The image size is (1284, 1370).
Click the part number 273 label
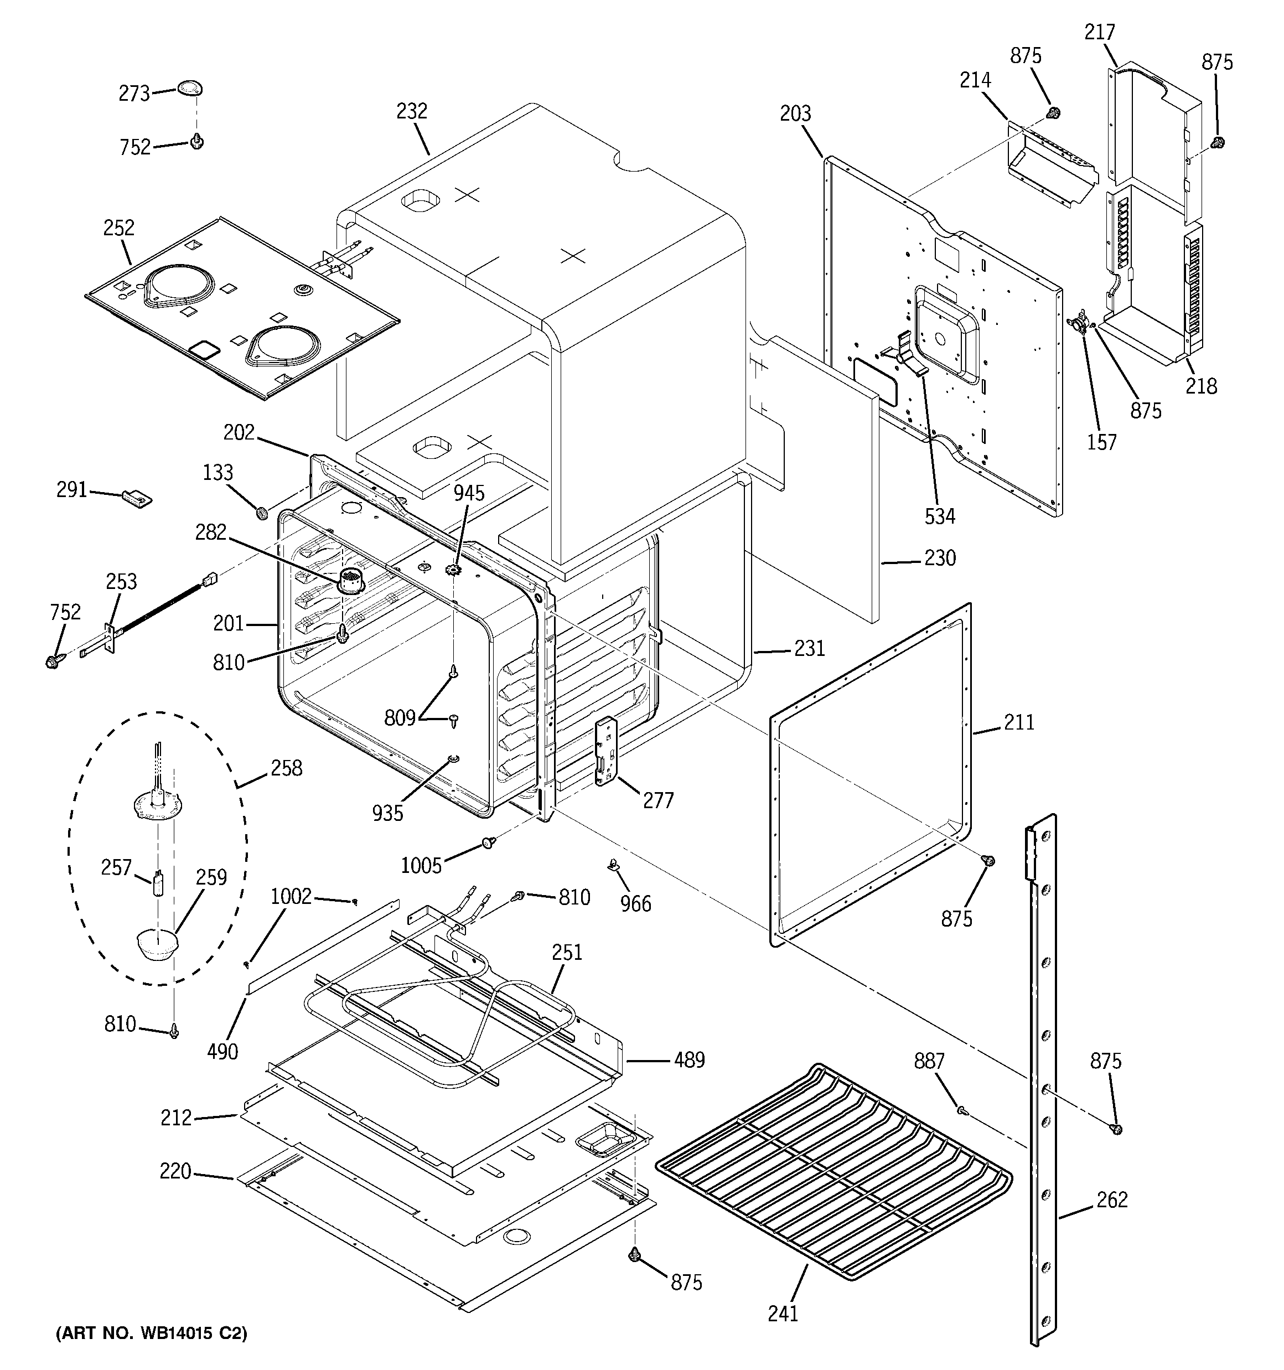(134, 93)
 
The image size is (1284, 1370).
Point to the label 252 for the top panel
(118, 228)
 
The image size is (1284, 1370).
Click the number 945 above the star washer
(469, 493)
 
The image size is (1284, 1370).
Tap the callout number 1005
(421, 866)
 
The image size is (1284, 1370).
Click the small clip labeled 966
(613, 864)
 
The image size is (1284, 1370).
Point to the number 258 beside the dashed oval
(286, 768)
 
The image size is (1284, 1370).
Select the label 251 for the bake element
(567, 953)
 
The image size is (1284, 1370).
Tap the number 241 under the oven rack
(783, 1314)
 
